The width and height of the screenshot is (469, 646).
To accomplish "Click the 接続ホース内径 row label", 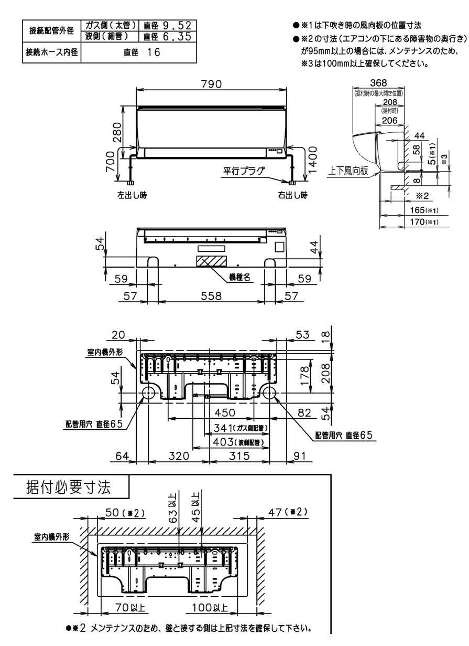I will [x=51, y=52].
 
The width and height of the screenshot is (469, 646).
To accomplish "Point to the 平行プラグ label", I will [x=244, y=171].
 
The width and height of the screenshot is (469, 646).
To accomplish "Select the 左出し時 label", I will [x=132, y=195].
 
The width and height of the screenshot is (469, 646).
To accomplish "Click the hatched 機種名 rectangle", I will [x=212, y=260].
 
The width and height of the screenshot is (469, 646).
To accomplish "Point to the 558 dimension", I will [x=211, y=296].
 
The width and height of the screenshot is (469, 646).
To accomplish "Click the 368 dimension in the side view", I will [x=378, y=83].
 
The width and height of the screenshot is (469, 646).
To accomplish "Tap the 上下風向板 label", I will [x=348, y=171].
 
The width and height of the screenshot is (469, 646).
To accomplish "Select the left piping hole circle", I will [x=147, y=394].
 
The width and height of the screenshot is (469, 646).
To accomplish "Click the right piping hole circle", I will [x=270, y=394].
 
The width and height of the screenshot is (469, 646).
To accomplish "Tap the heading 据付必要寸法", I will [x=69, y=487].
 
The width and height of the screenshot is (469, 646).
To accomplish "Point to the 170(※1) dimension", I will [x=422, y=223].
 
